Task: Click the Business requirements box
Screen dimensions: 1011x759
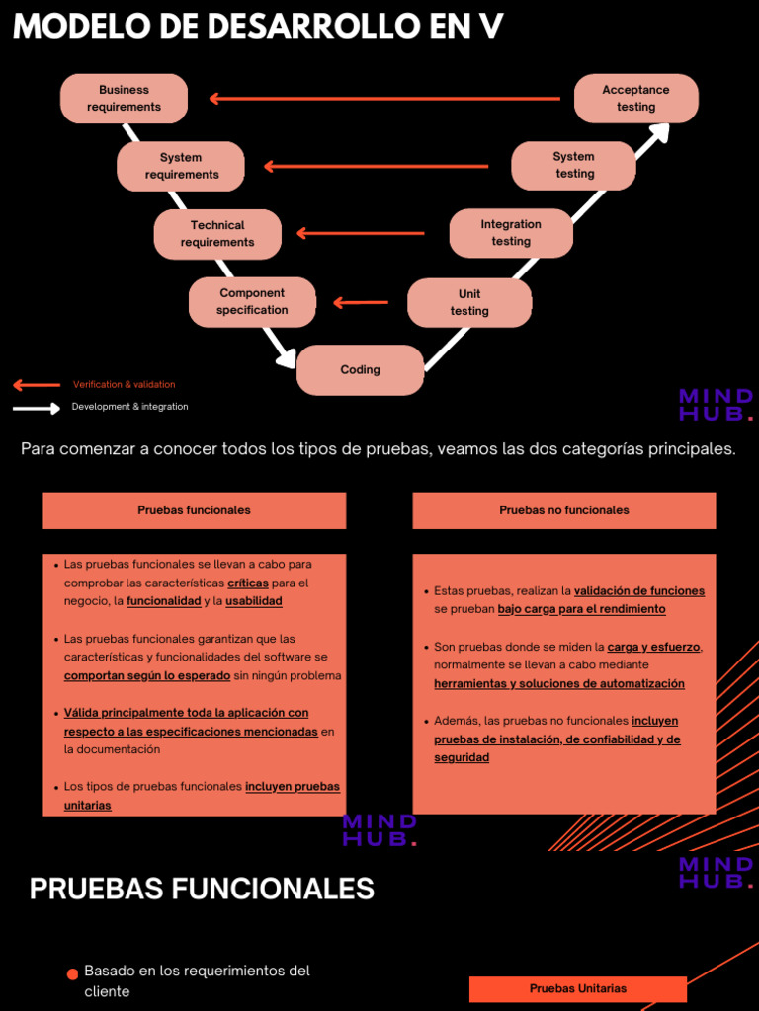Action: (x=124, y=99)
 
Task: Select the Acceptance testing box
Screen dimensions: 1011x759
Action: (x=635, y=99)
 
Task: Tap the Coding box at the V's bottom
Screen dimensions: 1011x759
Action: (x=360, y=370)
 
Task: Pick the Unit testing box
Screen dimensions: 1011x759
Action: (x=469, y=302)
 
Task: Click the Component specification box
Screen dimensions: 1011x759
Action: (x=252, y=302)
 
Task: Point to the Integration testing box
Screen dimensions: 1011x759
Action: (x=511, y=233)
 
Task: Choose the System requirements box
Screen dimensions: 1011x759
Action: (x=181, y=166)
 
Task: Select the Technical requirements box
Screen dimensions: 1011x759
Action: (x=217, y=234)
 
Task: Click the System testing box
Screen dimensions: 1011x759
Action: (x=573, y=166)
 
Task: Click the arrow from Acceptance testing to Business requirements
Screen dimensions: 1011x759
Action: (x=385, y=99)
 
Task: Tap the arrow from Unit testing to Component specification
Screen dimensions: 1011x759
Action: (x=361, y=303)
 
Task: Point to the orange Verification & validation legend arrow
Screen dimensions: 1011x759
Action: (x=37, y=385)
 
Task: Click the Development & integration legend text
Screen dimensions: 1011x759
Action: (x=129, y=407)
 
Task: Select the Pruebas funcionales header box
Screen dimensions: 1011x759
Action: (x=194, y=510)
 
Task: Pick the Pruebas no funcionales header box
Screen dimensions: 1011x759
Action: (x=563, y=510)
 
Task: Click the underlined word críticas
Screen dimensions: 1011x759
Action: (x=248, y=583)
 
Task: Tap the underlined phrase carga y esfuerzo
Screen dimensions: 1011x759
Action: (x=653, y=648)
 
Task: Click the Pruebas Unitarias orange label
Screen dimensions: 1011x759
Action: (x=577, y=988)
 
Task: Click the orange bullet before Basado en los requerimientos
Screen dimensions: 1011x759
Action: (x=72, y=974)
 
